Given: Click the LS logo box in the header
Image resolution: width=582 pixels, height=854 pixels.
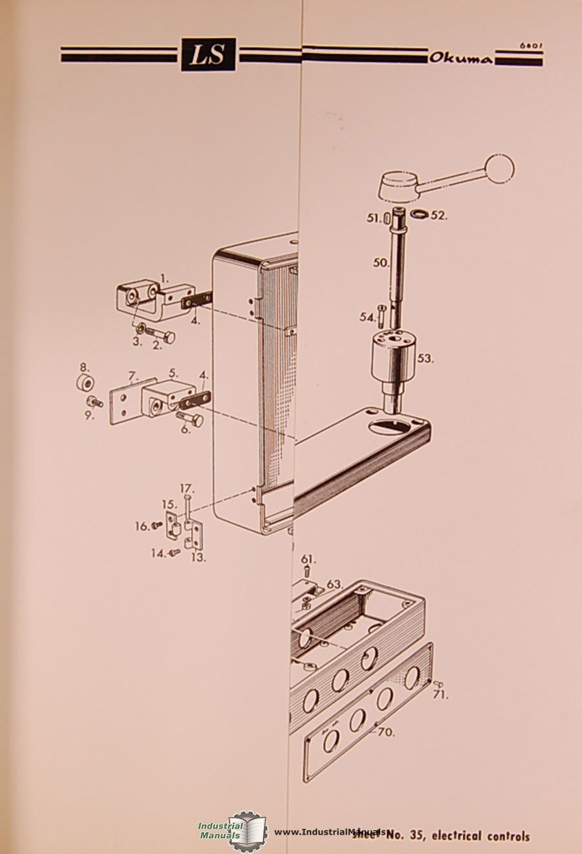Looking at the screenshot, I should coord(208,54).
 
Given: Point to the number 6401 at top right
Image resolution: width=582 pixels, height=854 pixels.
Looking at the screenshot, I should coord(531,46).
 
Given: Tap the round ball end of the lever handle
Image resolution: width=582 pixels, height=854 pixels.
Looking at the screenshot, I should coord(499,169).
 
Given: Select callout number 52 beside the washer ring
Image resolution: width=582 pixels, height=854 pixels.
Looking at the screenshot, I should coord(439,216).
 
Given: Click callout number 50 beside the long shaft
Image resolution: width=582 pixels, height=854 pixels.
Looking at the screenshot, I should coord(381,263).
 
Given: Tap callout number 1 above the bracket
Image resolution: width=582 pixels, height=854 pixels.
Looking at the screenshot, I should coord(164,279).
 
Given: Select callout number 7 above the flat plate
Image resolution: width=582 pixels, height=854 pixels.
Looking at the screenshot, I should coord(133,375).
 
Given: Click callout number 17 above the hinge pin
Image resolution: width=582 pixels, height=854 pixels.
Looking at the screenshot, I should coord(186,488).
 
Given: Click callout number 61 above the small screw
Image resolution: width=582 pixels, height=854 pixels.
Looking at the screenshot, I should coord(308,559).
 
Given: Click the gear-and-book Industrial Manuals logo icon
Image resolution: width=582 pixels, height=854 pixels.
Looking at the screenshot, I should coord(248,830).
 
